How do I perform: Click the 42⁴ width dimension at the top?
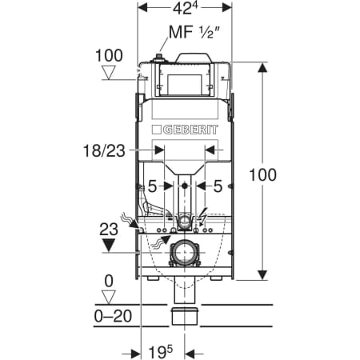click(x=186, y=8)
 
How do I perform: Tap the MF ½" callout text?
click(x=194, y=33)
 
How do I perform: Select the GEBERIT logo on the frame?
click(x=185, y=130)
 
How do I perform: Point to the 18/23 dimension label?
click(x=104, y=150)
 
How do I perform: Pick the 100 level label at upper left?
click(x=109, y=56)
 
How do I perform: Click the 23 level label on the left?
click(x=109, y=230)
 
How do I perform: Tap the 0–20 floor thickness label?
click(x=113, y=316)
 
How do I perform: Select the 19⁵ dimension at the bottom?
click(x=161, y=352)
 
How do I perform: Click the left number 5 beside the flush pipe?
click(x=152, y=186)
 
